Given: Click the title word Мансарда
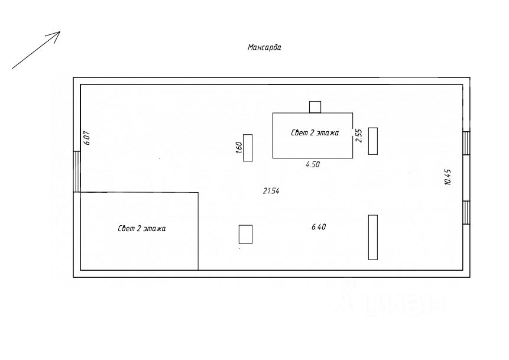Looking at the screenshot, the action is tap(264, 48).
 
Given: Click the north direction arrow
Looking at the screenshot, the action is tap(36, 50).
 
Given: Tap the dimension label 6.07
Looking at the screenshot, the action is tap(86, 138).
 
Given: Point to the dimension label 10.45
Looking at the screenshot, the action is tap(448, 177).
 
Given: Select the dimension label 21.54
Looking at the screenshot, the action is tap(271, 190).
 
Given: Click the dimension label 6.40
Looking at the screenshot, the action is tap(319, 227).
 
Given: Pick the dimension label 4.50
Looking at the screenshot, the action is tap(312, 165).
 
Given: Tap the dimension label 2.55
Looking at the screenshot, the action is tap(358, 136).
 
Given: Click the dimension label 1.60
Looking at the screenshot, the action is tap(238, 148).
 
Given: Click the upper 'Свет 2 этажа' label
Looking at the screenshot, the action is tap(315, 133).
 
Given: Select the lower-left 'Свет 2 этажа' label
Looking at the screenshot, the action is tap(142, 228).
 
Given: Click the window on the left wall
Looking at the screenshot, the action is tap(77, 171).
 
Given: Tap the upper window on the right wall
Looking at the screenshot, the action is tap(466, 142).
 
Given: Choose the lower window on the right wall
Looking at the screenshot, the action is tap(466, 213).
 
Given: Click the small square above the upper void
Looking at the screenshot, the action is tap(315, 107).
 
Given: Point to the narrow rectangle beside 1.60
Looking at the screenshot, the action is tap(248, 148).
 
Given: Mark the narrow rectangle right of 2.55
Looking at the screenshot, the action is tap(373, 141).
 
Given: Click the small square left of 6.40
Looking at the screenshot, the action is tap(245, 234).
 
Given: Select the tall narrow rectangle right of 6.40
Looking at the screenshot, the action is tap(373, 237).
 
